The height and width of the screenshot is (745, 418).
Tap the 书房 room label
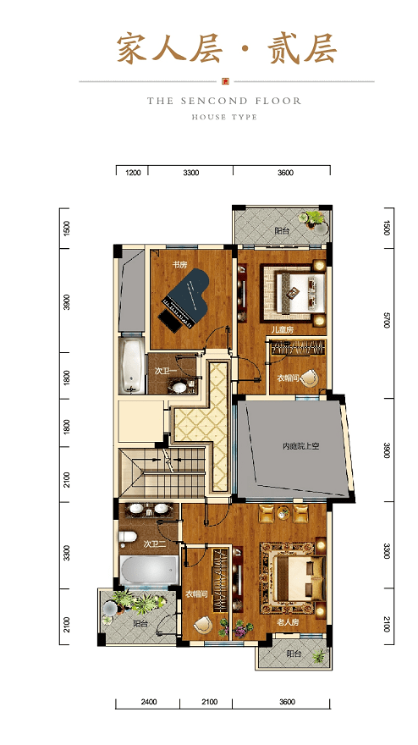click(179, 265)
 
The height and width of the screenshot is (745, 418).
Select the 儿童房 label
click(283, 329)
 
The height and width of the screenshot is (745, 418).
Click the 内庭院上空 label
click(300, 446)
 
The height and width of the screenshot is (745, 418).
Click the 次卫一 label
click(166, 372)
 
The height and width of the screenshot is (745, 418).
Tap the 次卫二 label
click(155, 544)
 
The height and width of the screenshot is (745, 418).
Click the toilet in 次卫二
click(127, 537)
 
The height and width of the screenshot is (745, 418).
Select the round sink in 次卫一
click(179, 387)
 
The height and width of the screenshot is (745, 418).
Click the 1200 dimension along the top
click(133, 173)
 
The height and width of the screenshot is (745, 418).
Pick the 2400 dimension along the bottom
click(149, 702)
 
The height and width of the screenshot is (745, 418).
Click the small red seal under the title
click(226, 81)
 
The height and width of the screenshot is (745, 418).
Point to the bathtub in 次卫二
click(149, 570)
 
